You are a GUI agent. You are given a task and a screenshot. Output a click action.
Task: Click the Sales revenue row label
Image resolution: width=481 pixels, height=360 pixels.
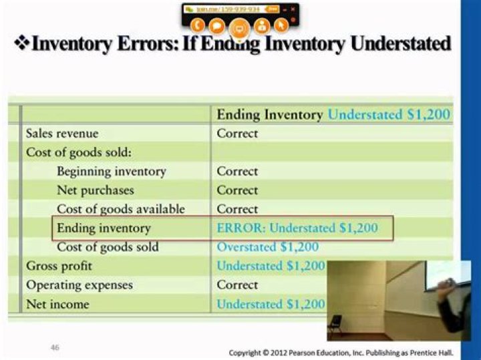click(61, 134)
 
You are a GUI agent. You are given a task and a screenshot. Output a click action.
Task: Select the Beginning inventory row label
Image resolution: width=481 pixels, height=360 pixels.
click(111, 172)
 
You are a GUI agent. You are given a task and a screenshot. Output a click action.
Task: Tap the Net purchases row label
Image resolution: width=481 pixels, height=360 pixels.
click(95, 190)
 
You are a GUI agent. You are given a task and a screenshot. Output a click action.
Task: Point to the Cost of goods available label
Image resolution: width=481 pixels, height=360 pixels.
click(120, 209)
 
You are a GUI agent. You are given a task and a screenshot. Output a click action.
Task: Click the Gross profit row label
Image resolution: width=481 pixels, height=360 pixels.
click(59, 266)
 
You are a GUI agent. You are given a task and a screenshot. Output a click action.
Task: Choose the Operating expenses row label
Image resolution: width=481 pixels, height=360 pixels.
click(79, 285)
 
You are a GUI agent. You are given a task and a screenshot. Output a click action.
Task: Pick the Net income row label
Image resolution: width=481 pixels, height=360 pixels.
click(57, 305)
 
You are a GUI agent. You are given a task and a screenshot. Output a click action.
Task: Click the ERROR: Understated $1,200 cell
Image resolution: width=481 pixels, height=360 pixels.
click(297, 228)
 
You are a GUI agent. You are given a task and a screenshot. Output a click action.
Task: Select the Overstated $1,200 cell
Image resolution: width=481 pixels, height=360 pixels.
click(267, 247)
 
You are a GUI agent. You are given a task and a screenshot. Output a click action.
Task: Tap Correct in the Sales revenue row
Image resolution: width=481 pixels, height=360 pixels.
click(236, 134)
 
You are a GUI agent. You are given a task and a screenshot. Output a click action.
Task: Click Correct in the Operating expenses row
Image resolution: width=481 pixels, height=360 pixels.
click(236, 285)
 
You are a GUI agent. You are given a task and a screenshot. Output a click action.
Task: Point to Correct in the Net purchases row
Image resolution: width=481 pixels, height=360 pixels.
click(236, 190)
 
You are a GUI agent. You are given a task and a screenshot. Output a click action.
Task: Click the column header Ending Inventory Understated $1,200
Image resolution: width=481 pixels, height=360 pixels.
click(333, 114)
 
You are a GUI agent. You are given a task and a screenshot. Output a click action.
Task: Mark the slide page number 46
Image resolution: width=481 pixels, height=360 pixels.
click(56, 347)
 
